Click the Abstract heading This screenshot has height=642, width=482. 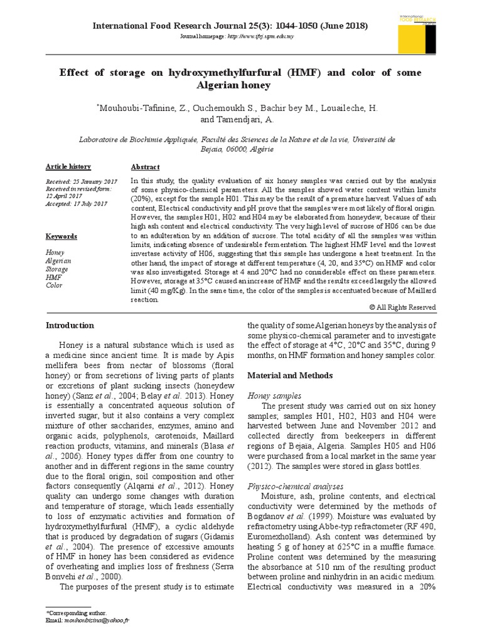click(x=145, y=167)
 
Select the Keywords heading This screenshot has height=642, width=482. click(x=62, y=236)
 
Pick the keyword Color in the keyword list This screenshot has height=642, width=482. click(x=55, y=285)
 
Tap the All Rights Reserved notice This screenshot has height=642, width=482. click(x=402, y=307)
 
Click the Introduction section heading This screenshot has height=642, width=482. click(x=70, y=325)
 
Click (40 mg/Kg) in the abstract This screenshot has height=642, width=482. click(x=161, y=292)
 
